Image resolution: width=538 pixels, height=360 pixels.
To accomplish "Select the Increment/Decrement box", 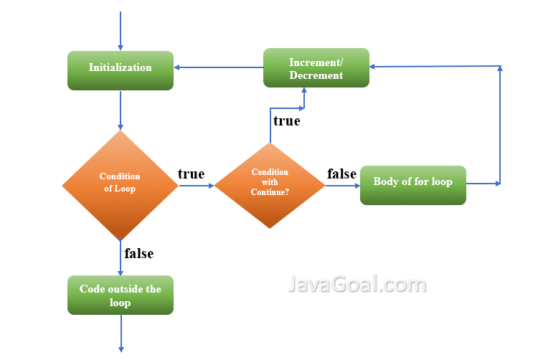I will point(316,68).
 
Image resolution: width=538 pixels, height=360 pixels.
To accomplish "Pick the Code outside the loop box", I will point(121,295).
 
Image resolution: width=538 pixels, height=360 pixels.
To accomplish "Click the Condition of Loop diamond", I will point(120,184).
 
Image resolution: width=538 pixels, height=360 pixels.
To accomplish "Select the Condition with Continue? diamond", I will point(270,184).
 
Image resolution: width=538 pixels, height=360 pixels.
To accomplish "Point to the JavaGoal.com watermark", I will point(357,285).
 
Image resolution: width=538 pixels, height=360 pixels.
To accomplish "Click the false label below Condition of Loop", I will point(138,253).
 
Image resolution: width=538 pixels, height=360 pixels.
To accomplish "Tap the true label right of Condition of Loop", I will point(191,174).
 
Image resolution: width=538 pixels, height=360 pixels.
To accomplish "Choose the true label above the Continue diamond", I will point(286,120).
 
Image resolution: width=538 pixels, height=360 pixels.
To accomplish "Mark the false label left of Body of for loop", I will point(342,174).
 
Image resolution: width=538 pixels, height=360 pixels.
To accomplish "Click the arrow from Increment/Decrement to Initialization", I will point(219,68).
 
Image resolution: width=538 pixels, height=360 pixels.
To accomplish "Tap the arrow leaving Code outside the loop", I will point(121,333).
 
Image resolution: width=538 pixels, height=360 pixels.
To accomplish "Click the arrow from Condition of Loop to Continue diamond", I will point(196,185).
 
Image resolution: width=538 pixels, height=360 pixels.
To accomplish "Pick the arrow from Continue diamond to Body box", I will point(342,185).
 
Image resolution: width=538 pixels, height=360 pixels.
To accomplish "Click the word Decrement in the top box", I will point(316,75).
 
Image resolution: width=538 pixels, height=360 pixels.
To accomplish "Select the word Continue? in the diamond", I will point(270,192).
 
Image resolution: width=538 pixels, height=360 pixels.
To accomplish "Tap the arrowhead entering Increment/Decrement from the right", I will point(374,67).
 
